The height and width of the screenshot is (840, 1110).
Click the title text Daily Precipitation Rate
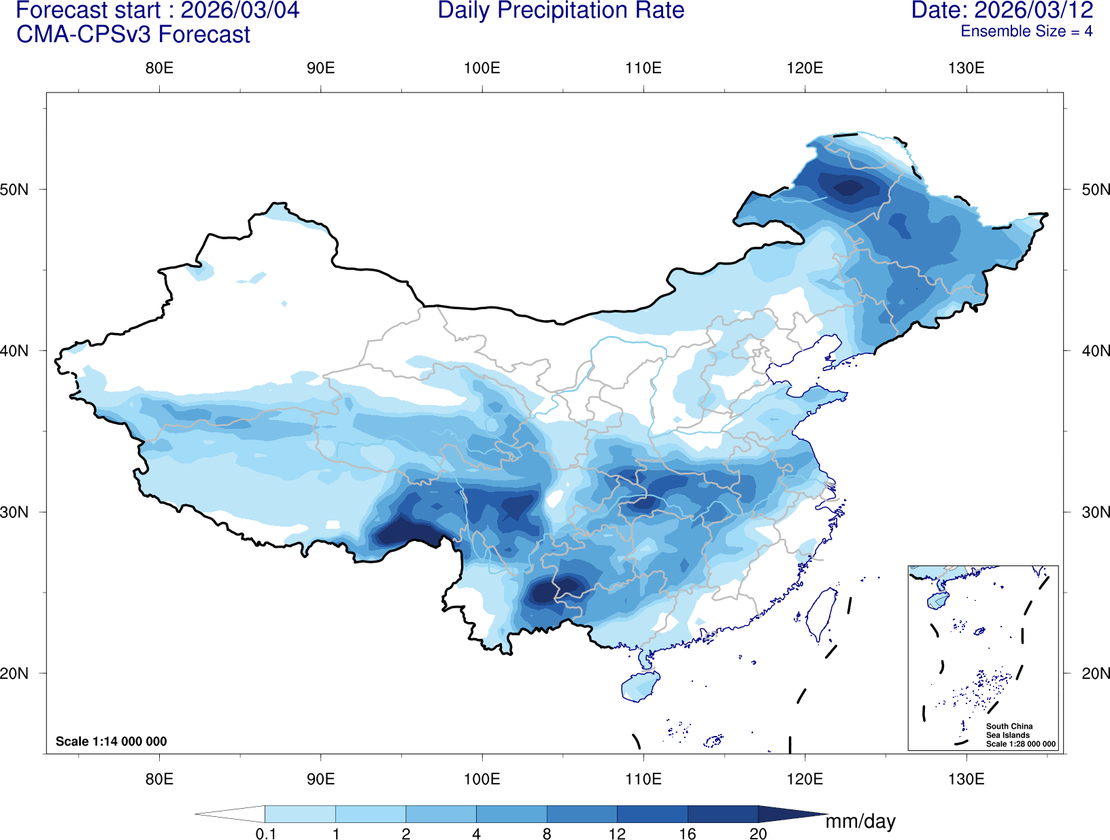[560, 11]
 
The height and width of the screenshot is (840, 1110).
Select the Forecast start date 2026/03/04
[239, 11]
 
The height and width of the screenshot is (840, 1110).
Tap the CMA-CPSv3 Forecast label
[133, 35]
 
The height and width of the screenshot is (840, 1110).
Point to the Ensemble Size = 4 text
[1026, 31]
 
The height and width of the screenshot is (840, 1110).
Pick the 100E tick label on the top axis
[482, 68]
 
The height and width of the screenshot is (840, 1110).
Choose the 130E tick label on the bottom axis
[966, 778]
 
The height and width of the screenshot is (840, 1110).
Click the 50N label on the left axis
[15, 190]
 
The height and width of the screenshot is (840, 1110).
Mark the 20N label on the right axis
[1095, 673]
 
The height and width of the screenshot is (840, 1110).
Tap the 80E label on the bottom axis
[159, 778]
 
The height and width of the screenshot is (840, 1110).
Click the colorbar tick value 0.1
[265, 834]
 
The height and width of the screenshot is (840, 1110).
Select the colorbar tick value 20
[758, 834]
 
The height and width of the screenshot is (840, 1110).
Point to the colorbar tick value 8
[547, 834]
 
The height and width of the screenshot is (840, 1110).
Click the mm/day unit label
[860, 822]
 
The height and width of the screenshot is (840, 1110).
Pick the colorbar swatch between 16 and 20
[722, 813]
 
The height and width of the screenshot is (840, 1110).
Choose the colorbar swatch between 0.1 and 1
[300, 813]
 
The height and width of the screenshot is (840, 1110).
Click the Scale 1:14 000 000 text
[111, 741]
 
